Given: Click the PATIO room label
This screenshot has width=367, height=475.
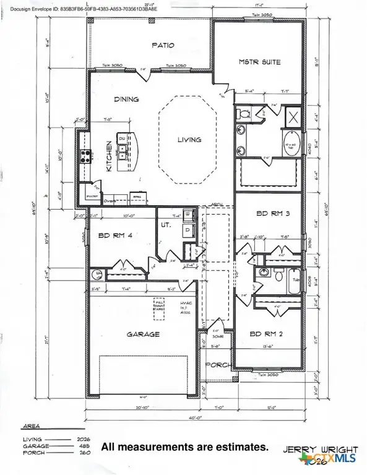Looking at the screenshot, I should pos(163,45).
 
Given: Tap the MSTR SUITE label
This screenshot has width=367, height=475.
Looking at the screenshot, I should pos(260,62).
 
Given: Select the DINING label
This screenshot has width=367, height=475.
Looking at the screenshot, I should pos(126,99).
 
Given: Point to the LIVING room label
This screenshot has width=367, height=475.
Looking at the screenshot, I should pos(190,140).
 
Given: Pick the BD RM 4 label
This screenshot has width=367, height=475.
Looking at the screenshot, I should pos(113,235).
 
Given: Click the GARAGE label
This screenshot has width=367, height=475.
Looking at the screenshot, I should pos(144,334).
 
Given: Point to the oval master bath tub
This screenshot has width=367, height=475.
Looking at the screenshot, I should pos(291,147).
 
